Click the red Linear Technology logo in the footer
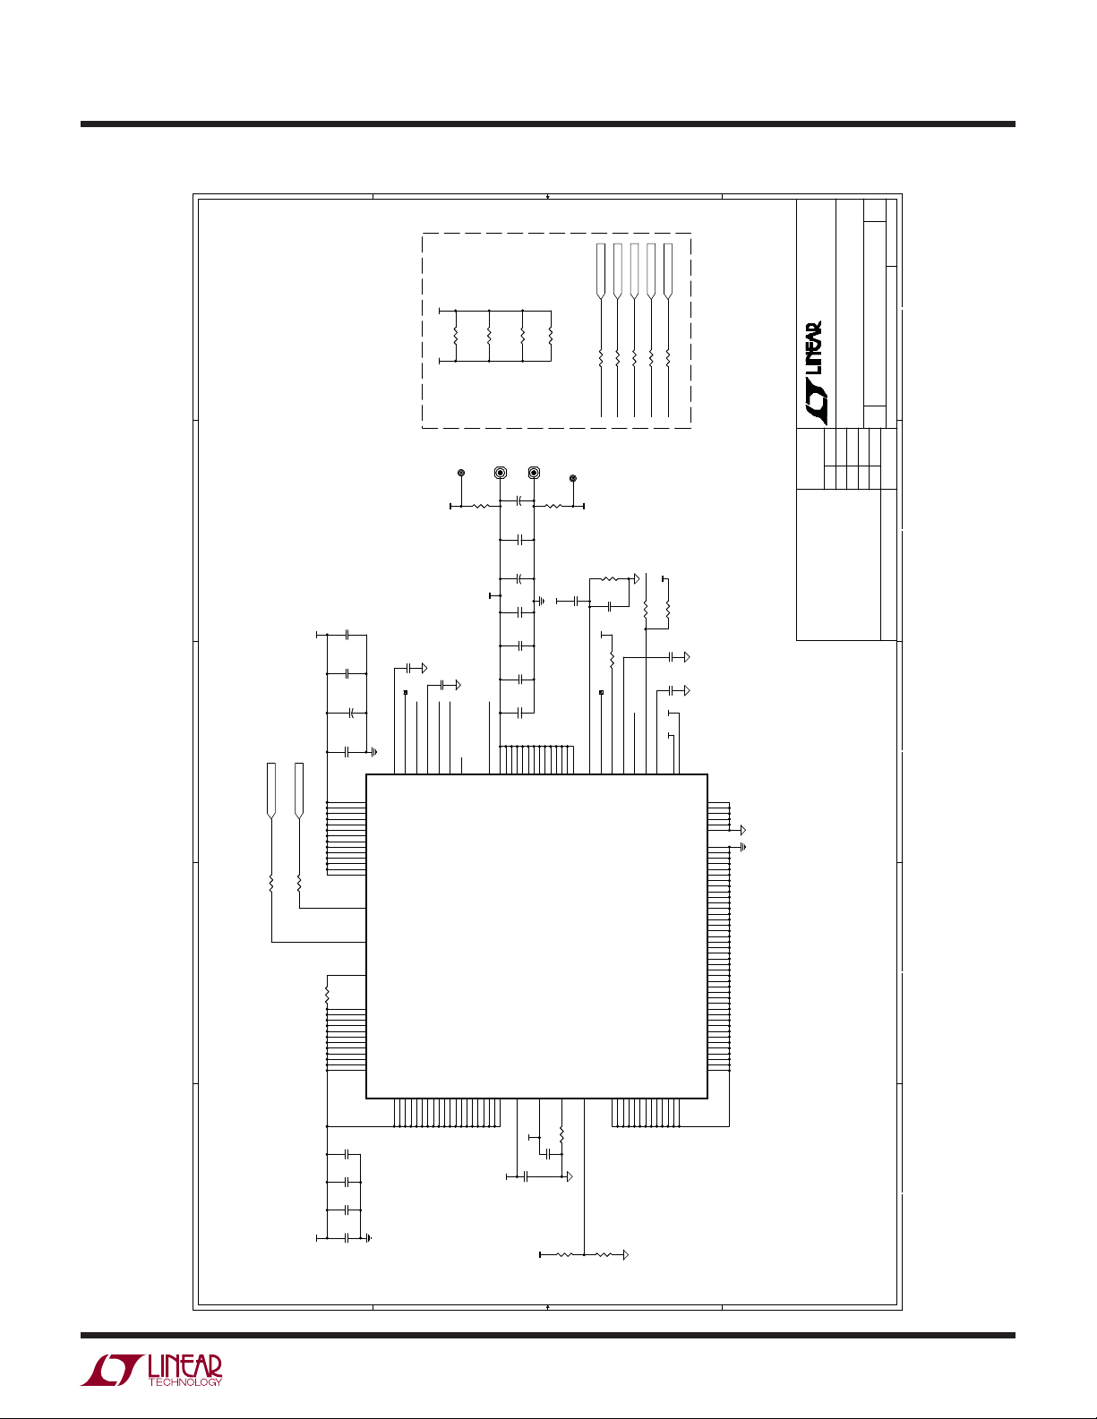151,1370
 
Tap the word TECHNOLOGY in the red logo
185,1381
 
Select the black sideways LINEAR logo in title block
814,373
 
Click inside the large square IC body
536,936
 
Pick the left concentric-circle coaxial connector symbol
501,473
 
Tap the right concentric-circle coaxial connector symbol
534,473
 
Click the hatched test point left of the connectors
461,472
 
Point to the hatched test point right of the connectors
573,479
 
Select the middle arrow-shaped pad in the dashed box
634,271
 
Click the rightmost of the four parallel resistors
551,336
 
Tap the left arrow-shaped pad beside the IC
271,791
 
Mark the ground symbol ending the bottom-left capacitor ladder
370,1237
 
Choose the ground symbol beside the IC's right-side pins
741,847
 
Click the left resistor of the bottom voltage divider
562,1254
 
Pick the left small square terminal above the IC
406,692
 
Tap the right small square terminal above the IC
602,692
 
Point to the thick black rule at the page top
548,124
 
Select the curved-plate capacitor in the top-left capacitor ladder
351,713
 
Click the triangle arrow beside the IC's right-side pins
742,831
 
